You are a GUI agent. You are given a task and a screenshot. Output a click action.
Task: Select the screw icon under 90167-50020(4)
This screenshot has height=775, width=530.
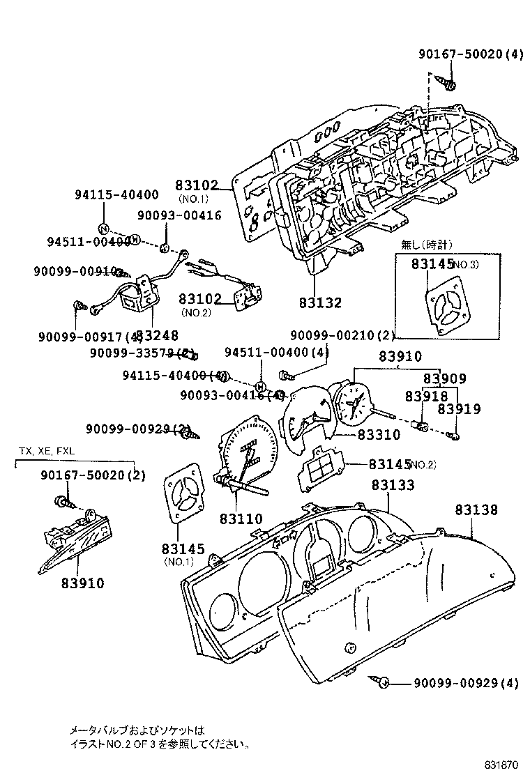[449, 84]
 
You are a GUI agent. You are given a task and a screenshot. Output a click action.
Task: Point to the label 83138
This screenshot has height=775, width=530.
[477, 510]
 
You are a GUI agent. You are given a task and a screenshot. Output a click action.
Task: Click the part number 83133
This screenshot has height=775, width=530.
[392, 485]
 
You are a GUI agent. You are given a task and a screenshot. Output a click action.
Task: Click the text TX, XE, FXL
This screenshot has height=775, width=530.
[46, 451]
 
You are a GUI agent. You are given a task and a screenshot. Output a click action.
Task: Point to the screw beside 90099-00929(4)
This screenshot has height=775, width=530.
[382, 682]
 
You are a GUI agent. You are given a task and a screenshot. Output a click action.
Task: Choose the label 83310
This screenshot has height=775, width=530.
[379, 435]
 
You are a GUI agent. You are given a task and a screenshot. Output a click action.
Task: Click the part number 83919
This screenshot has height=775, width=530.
[459, 410]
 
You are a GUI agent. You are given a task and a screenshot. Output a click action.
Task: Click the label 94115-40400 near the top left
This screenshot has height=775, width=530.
[116, 195]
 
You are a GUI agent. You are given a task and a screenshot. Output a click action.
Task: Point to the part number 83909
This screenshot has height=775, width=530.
[445, 378]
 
